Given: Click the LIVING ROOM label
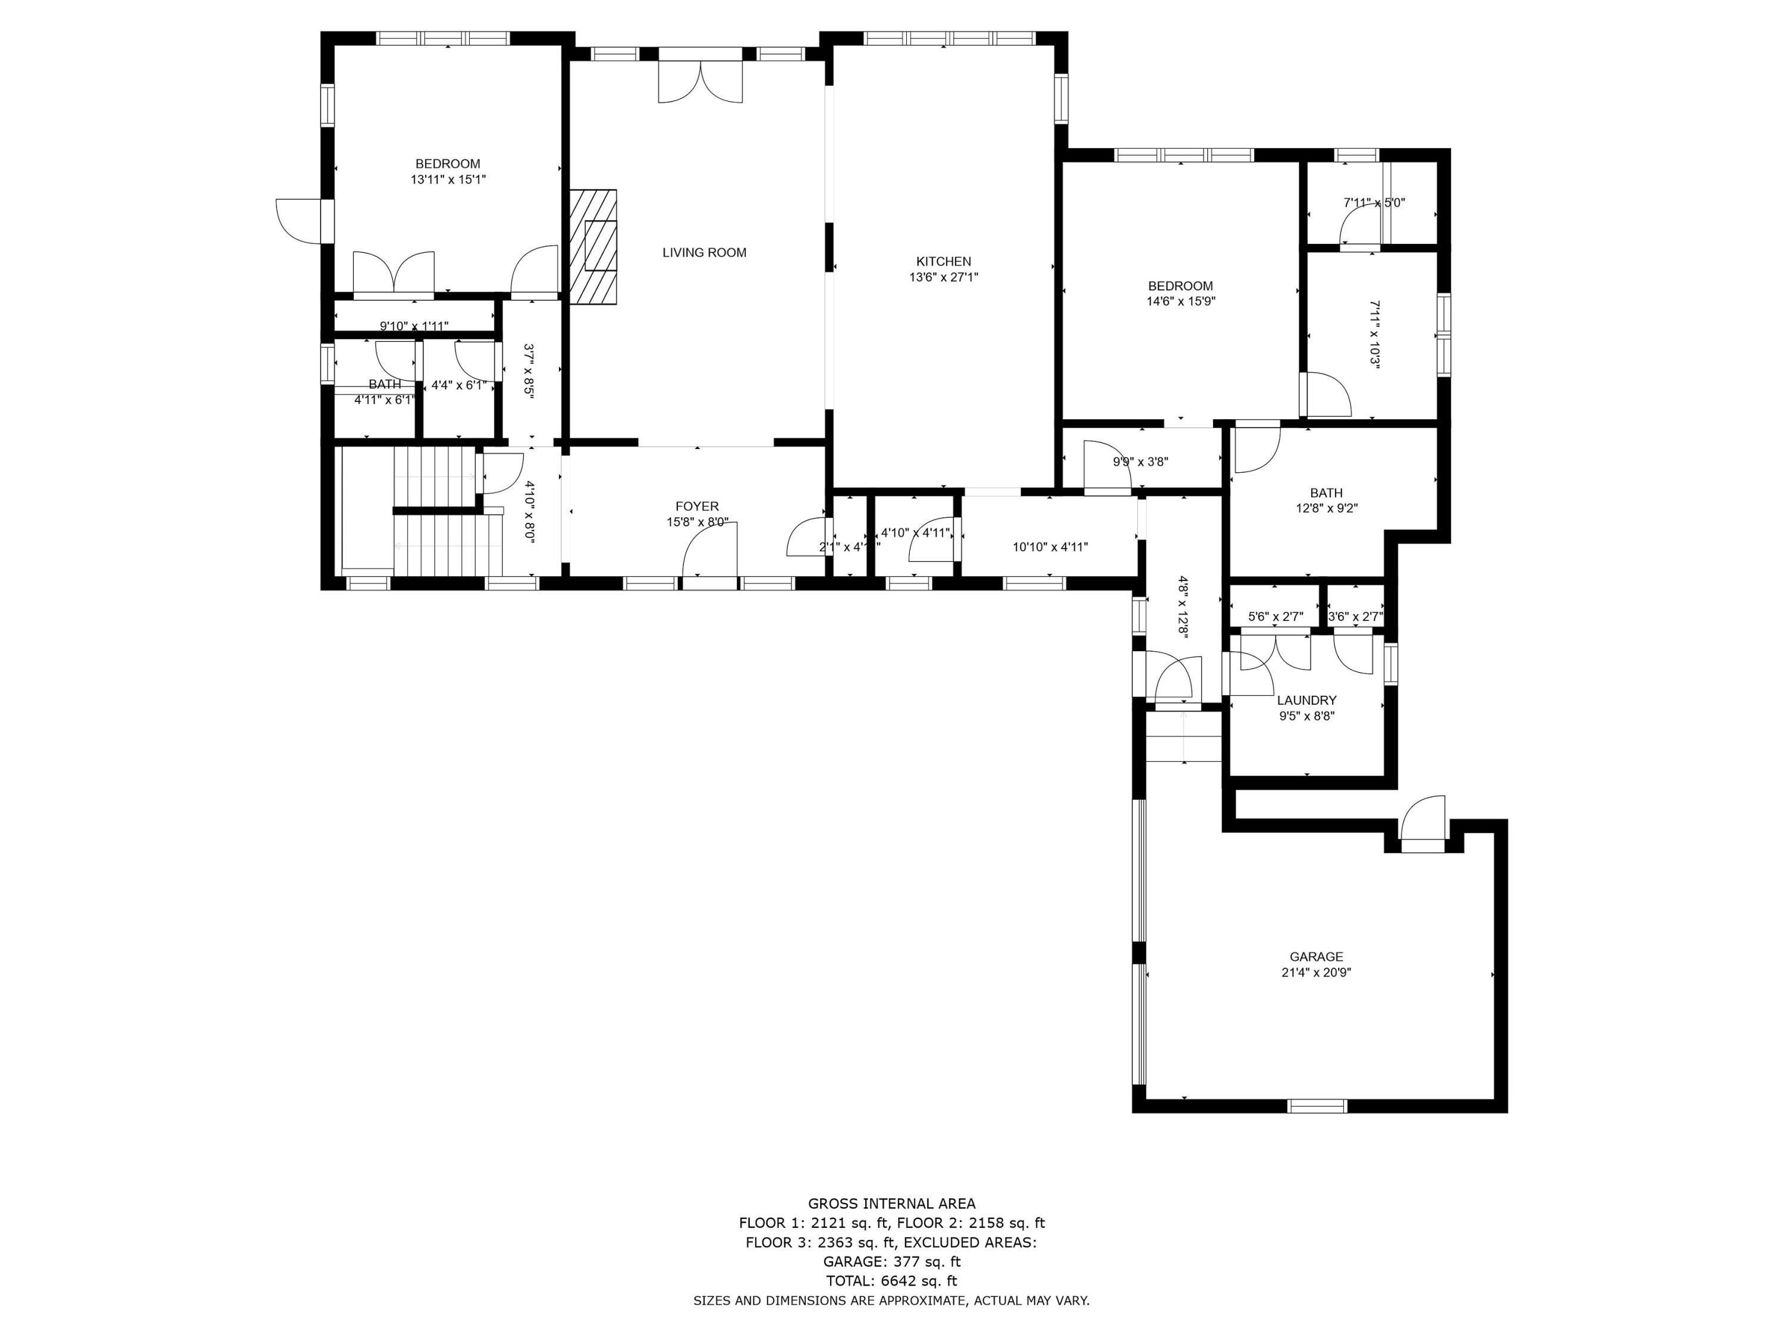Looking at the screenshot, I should click(704, 253).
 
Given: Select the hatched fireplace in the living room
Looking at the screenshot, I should click(593, 247).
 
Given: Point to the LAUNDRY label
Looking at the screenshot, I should click(1306, 700).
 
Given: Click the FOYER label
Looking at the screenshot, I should click(697, 507).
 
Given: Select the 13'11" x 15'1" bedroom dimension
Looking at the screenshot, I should click(448, 180).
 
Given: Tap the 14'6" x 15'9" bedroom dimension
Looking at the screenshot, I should click(1181, 301).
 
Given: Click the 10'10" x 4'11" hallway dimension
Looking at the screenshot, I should click(1050, 547).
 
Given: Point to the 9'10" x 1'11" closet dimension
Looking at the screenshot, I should click(414, 326).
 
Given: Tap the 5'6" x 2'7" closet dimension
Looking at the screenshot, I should click(1275, 617).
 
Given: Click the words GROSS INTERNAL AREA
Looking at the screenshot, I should click(891, 1204).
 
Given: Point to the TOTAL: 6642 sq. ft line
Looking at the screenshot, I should click(891, 1281).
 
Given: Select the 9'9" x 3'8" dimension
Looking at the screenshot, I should click(1141, 462).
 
